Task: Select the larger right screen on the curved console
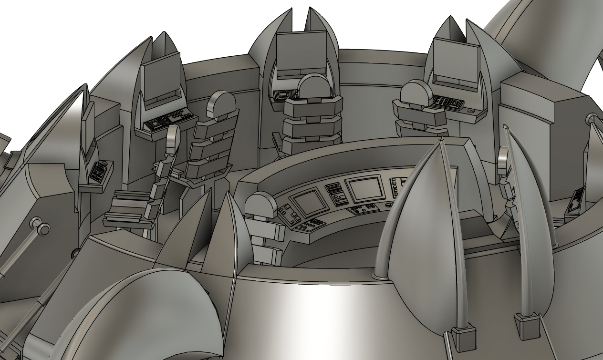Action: click(x=364, y=189)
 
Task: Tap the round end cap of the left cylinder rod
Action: click(x=44, y=230)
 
